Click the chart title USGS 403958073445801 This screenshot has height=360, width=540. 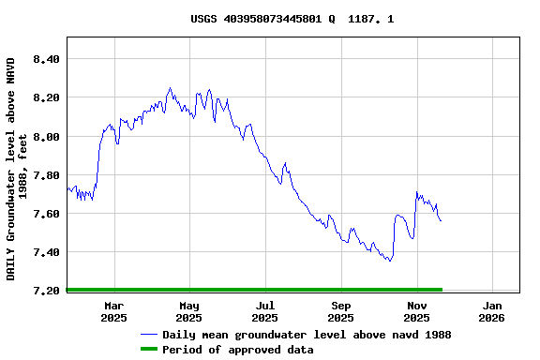(x=292, y=19)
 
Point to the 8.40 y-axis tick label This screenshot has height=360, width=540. (x=46, y=59)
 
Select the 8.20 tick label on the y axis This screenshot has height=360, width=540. (x=46, y=97)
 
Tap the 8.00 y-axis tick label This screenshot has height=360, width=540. (x=46, y=137)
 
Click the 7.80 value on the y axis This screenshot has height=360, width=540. (x=46, y=175)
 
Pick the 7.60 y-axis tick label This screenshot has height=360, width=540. (x=46, y=214)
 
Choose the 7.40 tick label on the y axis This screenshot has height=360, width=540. (x=46, y=252)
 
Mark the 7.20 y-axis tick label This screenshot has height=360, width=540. (x=46, y=291)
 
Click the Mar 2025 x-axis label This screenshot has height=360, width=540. (x=113, y=311)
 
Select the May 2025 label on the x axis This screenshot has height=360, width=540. (x=189, y=311)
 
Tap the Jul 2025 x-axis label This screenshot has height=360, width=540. (x=265, y=311)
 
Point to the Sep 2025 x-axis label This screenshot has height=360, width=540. (x=341, y=311)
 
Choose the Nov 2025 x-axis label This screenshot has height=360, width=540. (x=417, y=311)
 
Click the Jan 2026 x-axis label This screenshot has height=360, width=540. (x=493, y=311)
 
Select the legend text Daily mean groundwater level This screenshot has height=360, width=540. (x=307, y=335)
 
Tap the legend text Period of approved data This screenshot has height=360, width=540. (x=237, y=350)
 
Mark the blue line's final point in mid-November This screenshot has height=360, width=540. (x=441, y=220)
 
